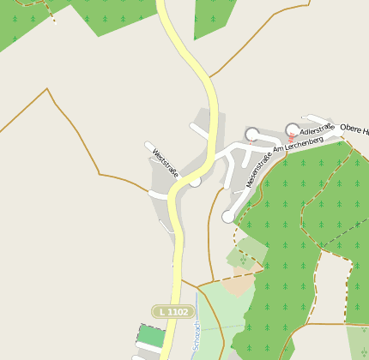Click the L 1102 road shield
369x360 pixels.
[x=170, y=312]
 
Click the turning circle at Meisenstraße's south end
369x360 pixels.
[x=228, y=217]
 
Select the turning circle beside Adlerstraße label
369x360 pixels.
[x=292, y=129]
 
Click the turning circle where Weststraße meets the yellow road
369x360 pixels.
[x=195, y=181]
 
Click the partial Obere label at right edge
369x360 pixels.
[x=354, y=129]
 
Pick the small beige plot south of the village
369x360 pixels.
[x=241, y=284]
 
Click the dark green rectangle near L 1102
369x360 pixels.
[x=151, y=335]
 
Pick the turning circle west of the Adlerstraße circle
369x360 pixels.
[x=251, y=134]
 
